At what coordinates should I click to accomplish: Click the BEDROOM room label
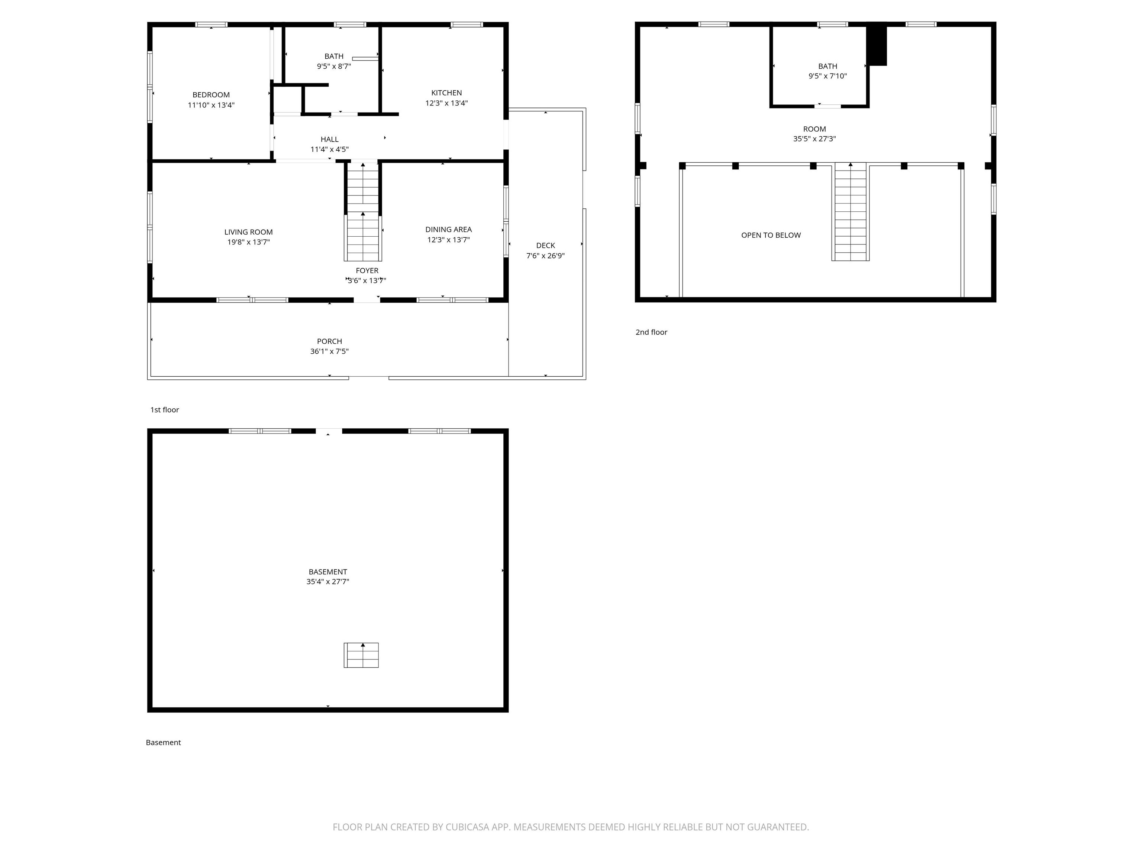click(x=211, y=95)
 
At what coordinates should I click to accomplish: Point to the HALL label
click(x=329, y=139)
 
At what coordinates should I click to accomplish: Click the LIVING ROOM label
click(x=248, y=232)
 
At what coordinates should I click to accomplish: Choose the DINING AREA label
click(x=448, y=230)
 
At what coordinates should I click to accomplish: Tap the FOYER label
click(x=367, y=271)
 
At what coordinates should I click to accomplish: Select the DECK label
click(x=545, y=246)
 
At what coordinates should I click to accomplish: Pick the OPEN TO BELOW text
click(x=771, y=235)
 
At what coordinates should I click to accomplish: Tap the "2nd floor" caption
click(x=651, y=332)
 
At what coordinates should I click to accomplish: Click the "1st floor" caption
click(x=164, y=410)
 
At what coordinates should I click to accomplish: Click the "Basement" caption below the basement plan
click(x=163, y=742)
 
